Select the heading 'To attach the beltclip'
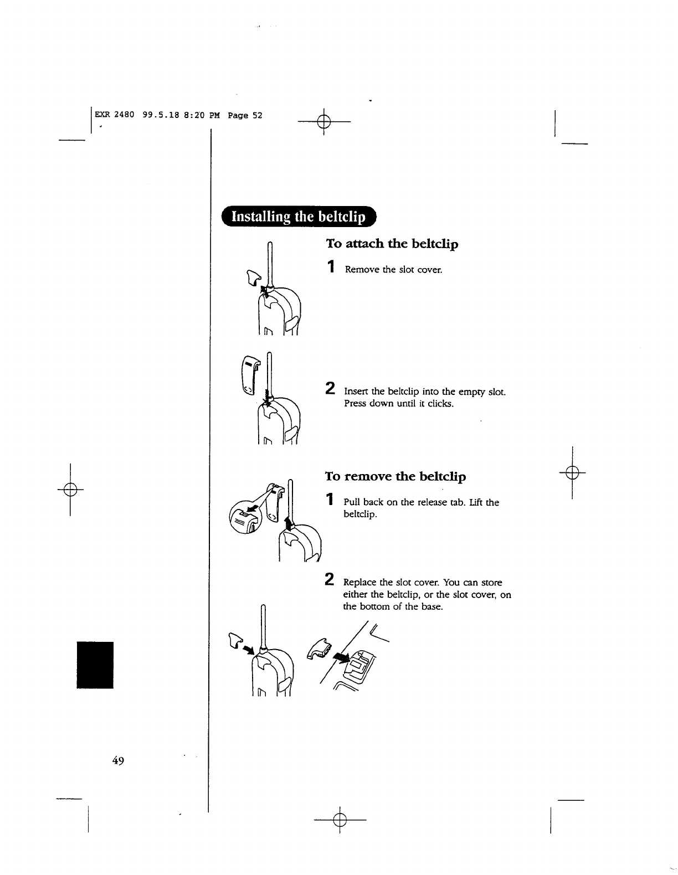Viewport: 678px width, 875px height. [x=392, y=244]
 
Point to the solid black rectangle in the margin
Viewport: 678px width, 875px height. [x=95, y=665]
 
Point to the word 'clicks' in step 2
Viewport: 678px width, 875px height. [x=441, y=404]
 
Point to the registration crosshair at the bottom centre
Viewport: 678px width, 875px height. [x=340, y=819]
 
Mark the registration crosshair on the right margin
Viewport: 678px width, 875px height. [x=573, y=472]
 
